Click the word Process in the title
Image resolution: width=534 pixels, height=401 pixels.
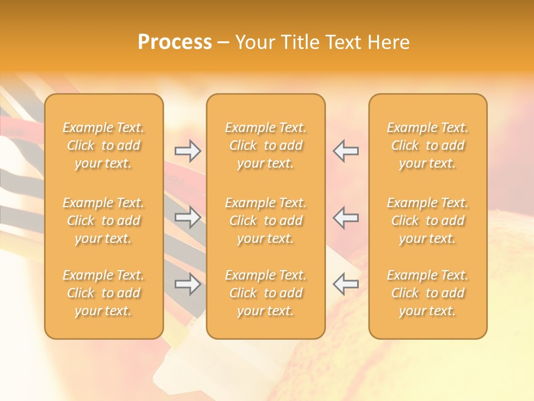(x=175, y=42)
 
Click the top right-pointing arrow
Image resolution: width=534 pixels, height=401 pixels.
(x=188, y=151)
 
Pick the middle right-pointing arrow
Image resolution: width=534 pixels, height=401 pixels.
(x=188, y=217)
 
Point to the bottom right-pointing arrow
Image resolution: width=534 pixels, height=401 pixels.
(x=188, y=284)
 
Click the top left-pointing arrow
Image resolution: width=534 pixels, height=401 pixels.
(x=345, y=151)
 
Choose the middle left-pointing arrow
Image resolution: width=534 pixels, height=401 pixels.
(x=345, y=217)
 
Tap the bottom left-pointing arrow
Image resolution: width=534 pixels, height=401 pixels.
(x=345, y=284)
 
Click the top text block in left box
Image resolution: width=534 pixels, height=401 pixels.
(x=103, y=145)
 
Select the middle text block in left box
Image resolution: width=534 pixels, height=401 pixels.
(x=103, y=221)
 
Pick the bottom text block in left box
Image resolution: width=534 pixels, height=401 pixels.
(x=103, y=293)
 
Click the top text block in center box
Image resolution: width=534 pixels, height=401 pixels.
(x=265, y=145)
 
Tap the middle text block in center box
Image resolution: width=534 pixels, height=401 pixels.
(x=265, y=221)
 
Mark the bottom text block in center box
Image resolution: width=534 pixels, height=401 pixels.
(x=265, y=293)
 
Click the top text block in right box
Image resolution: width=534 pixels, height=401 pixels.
(x=427, y=145)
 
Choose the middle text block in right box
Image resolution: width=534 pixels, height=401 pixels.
(x=427, y=221)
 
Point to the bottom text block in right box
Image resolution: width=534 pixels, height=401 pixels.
(x=427, y=293)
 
